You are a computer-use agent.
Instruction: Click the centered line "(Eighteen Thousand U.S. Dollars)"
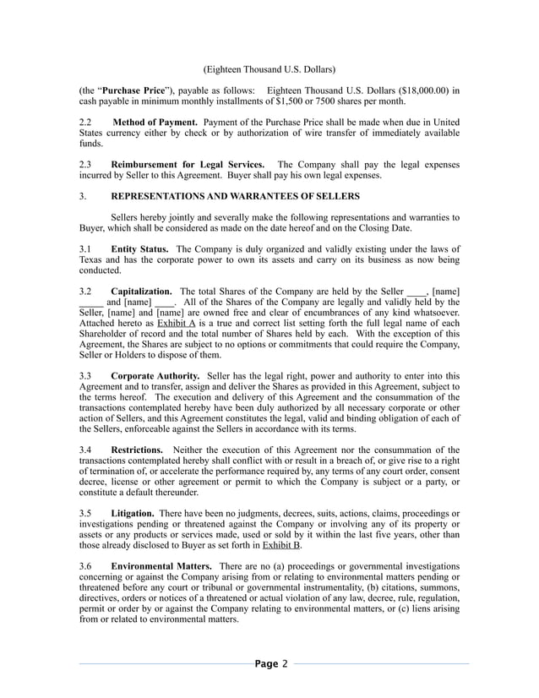(x=269, y=68)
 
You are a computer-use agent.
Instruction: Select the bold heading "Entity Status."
(x=139, y=249)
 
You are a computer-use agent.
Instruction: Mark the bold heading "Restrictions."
(x=137, y=450)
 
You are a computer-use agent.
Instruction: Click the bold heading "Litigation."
(x=133, y=513)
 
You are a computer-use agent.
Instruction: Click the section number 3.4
(x=85, y=450)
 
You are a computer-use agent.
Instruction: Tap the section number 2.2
(x=85, y=123)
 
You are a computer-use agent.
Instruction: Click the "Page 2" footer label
(x=271, y=663)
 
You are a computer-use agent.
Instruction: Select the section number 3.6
(x=85, y=566)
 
